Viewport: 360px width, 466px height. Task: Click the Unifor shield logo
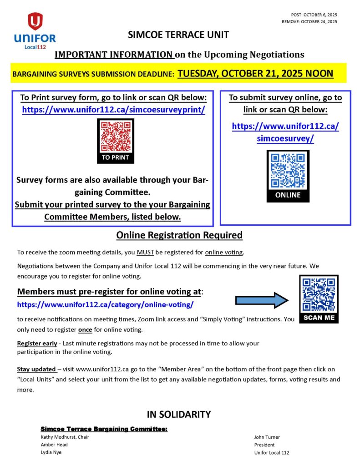click(x=35, y=21)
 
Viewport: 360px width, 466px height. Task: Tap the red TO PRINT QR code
click(x=116, y=137)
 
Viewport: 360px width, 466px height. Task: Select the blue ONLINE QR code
click(x=288, y=171)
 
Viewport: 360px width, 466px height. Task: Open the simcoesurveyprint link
click(x=113, y=110)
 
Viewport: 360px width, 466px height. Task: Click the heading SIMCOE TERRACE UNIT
click(x=178, y=35)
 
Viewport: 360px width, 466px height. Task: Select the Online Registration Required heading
click(x=179, y=235)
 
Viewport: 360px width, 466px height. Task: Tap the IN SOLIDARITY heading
click(x=179, y=414)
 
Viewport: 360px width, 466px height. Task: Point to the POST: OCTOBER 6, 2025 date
click(x=314, y=15)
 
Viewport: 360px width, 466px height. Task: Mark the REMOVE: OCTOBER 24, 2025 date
click(x=309, y=21)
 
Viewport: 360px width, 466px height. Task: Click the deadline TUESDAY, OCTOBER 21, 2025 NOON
click(x=255, y=73)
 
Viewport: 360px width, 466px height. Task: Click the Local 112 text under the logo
click(x=35, y=47)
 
